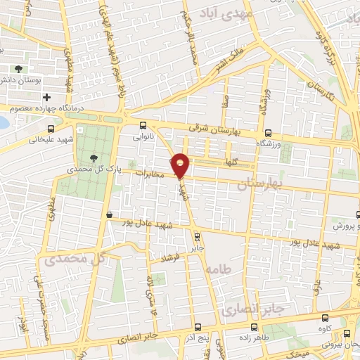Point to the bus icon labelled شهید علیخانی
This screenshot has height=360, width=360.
click(x=50, y=129)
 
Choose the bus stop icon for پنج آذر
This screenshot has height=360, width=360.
click(x=198, y=326)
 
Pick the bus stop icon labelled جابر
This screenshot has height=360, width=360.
click(x=197, y=236)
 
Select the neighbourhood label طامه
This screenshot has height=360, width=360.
click(x=219, y=269)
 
